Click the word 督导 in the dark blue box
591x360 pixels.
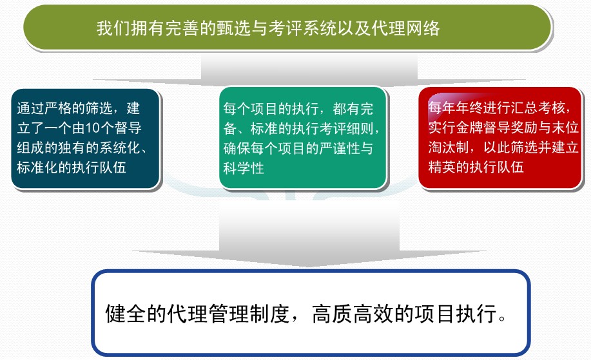click(x=128, y=128)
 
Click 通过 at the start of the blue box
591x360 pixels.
click(x=30, y=108)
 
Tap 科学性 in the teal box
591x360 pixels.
click(x=244, y=167)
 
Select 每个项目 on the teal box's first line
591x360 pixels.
click(x=251, y=109)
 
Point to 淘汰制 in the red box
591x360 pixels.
click(x=449, y=147)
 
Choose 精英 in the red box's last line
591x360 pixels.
click(x=441, y=166)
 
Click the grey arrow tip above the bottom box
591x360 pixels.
click(x=309, y=266)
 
